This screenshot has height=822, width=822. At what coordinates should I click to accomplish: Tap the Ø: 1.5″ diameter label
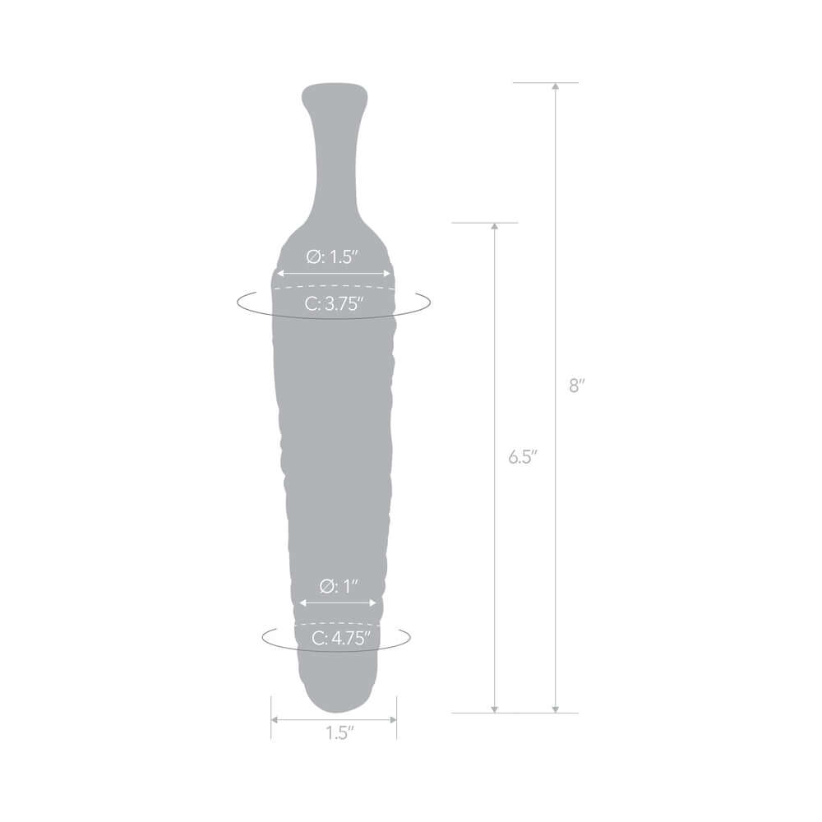point(334,256)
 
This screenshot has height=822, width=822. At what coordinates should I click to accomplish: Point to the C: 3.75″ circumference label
point(334,304)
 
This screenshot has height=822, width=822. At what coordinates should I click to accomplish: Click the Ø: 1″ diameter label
point(339,587)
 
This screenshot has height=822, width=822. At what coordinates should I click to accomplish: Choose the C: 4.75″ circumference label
point(339,636)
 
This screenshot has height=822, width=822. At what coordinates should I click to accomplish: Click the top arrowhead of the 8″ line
point(556,86)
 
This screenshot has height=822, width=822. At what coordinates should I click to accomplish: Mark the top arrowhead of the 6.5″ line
point(494,226)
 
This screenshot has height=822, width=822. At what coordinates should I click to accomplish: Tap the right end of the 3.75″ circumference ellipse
point(428,302)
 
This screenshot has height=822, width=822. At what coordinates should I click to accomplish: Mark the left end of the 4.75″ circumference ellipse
point(263,637)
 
